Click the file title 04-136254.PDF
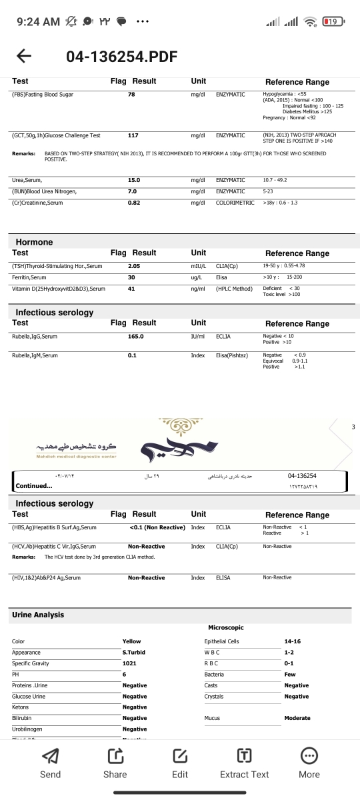coord(122,57)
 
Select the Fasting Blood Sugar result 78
coord(132,95)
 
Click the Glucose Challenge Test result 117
coord(133,135)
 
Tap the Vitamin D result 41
coord(132,288)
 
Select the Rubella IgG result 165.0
coord(136,337)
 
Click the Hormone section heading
coord(34,243)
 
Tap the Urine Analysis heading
coord(38,615)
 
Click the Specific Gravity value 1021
coord(130,663)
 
